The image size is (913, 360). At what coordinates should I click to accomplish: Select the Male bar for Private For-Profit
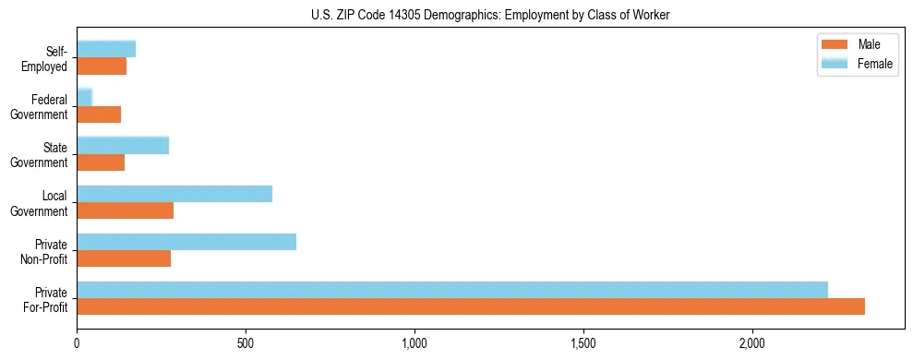point(471,306)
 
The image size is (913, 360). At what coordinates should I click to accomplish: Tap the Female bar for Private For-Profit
point(452,290)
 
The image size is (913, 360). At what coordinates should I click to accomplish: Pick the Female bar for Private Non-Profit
point(186,242)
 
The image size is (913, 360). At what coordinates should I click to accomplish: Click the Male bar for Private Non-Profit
point(124,258)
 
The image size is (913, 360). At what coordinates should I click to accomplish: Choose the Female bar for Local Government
point(174,194)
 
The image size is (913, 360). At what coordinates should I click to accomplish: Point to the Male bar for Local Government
point(126,210)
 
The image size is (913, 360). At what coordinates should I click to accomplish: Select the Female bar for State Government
point(123,145)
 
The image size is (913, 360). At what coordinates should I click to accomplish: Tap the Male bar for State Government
point(101,162)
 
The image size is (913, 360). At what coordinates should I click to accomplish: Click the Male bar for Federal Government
point(99,114)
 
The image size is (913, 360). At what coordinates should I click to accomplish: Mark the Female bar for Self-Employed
point(106,49)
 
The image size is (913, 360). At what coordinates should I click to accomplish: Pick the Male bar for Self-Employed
point(102,66)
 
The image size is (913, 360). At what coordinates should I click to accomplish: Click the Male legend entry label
point(869,45)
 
